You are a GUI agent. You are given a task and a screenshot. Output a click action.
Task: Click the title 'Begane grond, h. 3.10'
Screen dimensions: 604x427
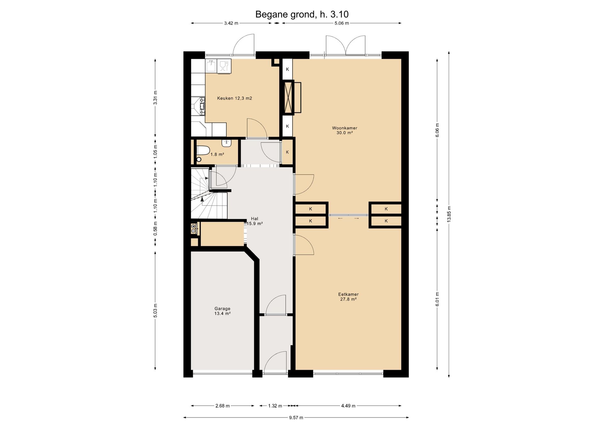tap(302, 14)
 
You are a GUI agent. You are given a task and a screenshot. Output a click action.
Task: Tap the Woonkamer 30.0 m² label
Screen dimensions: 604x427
tap(344, 130)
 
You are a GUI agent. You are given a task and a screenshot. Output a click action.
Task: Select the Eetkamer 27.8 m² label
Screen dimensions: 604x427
tap(348, 297)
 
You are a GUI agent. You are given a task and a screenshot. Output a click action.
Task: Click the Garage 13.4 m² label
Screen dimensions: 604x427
tap(222, 311)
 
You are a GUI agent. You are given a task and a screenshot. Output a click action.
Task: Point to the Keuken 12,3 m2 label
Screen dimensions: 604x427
tap(234, 98)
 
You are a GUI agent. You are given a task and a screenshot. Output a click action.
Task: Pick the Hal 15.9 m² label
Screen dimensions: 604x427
tap(254, 221)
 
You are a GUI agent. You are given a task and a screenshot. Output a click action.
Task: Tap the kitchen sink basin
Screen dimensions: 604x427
tap(211, 66)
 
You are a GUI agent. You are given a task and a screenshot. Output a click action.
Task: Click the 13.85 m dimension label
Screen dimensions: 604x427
tap(449, 214)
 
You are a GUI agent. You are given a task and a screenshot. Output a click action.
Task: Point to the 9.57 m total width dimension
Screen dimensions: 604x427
tap(296, 418)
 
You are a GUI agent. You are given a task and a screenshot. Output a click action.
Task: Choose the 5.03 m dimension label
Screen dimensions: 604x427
tap(155, 310)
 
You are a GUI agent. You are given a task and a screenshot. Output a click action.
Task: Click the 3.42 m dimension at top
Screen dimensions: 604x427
tap(231, 23)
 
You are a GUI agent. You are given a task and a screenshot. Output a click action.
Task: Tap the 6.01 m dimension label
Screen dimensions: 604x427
tap(437, 299)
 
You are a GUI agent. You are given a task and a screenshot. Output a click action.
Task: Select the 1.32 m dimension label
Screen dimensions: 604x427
tap(275, 406)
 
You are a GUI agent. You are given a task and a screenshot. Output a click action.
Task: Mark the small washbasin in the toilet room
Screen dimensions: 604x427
tap(226, 143)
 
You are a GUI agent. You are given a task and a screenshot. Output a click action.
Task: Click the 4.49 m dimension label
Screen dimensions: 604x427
tap(348, 406)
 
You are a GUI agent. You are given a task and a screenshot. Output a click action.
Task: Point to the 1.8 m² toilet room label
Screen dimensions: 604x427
tap(217, 154)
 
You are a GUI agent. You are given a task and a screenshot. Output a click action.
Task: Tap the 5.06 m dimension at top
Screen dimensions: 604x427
tap(342, 23)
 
